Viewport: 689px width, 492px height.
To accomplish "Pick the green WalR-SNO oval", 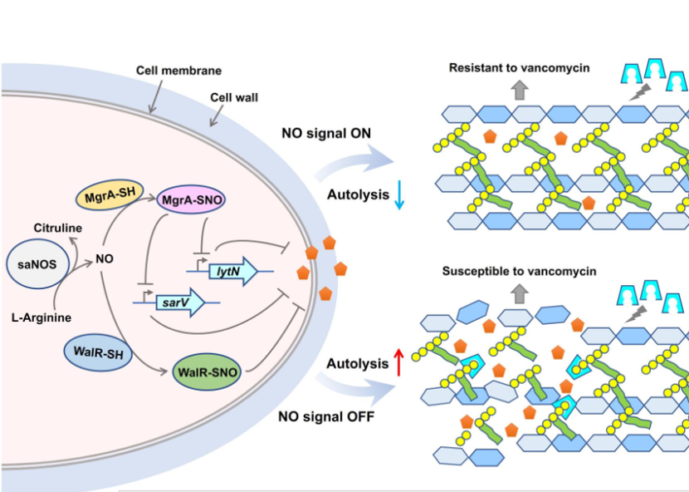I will [208, 371].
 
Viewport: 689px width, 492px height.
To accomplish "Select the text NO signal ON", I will [325, 131].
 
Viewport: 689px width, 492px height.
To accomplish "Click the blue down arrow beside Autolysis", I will [399, 196].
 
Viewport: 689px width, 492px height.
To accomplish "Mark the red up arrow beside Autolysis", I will [398, 362].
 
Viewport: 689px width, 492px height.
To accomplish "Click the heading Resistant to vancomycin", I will [519, 67].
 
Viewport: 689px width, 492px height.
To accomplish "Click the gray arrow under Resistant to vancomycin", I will [519, 90].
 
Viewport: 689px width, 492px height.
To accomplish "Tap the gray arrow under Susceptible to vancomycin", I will [520, 293].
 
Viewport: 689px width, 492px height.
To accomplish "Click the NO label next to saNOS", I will [104, 259].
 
